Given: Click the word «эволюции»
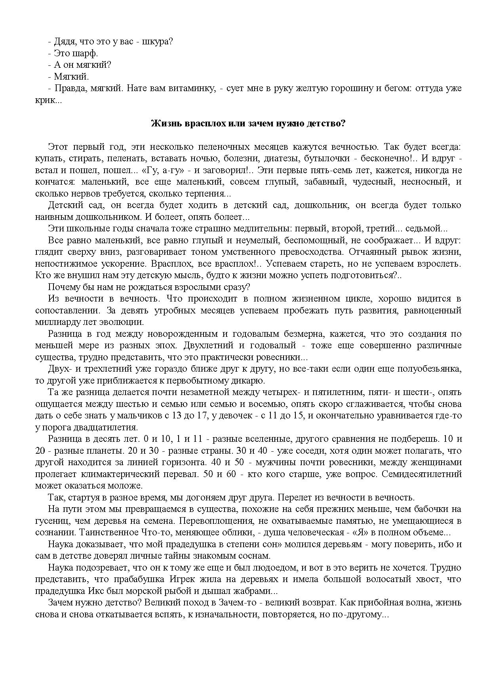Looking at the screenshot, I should coord(122,322).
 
